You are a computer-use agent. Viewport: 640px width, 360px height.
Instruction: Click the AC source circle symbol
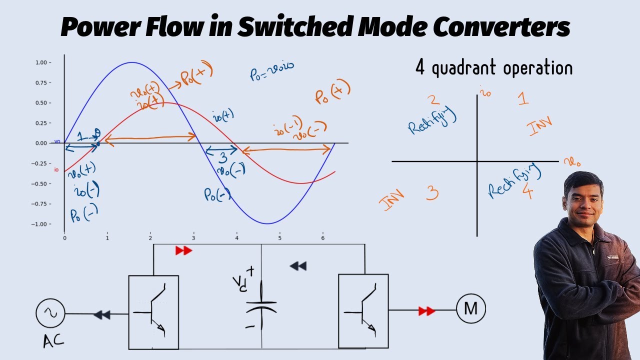(50, 314)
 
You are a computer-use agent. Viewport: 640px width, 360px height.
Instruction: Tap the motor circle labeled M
(470, 309)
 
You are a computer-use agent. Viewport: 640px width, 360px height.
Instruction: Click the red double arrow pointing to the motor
(426, 311)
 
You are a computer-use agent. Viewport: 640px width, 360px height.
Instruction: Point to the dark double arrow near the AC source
(102, 315)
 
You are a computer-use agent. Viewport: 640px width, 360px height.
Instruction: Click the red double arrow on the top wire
(183, 250)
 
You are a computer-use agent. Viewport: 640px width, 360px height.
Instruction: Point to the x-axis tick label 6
(322, 238)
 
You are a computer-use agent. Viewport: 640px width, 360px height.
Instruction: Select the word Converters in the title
(500, 27)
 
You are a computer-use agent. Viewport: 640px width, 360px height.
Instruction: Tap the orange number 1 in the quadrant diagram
(523, 98)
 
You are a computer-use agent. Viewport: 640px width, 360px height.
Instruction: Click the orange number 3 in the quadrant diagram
(432, 193)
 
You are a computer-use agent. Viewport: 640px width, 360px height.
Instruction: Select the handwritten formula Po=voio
(271, 70)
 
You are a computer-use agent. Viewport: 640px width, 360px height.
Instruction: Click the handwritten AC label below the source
(52, 341)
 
